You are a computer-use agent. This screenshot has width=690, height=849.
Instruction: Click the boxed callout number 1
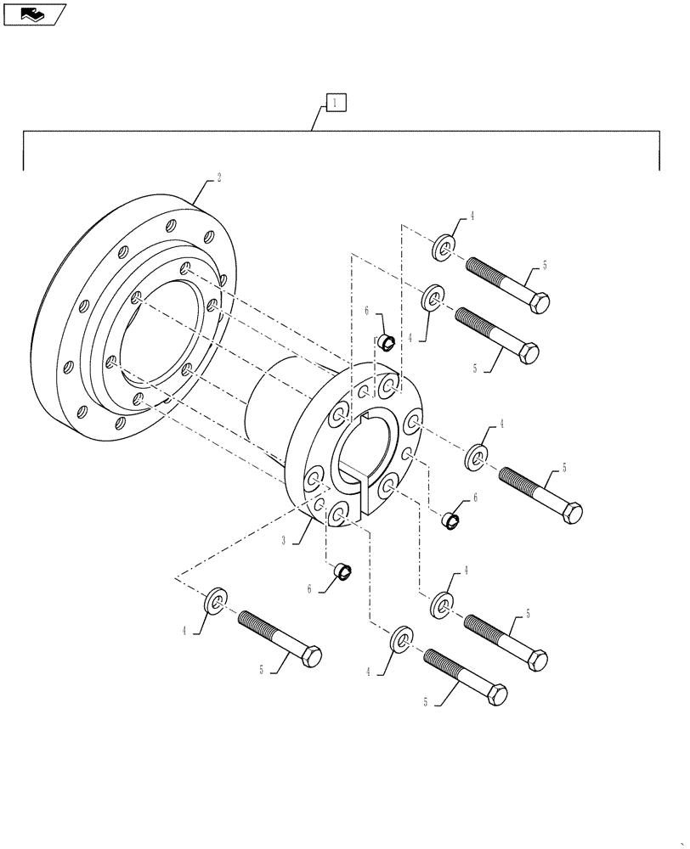tap(336, 103)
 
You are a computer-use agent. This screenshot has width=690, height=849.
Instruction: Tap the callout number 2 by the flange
tap(218, 178)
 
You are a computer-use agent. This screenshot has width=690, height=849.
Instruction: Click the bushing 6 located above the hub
tap(386, 342)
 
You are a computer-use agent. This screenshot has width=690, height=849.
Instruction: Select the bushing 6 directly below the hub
tap(345, 571)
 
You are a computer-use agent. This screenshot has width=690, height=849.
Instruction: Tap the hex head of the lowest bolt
tap(495, 694)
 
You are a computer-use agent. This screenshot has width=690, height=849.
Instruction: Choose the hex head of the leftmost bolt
tap(311, 656)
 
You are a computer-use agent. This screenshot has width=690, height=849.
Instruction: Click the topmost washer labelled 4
tap(444, 249)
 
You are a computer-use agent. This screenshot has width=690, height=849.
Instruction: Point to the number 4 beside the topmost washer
tap(472, 216)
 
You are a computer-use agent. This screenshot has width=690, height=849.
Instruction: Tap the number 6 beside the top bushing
tap(367, 312)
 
